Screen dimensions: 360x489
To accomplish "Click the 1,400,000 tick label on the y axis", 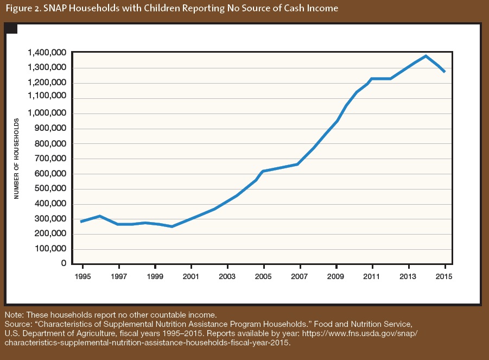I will pos(47,53).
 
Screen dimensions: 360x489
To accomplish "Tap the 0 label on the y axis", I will pos(63,263).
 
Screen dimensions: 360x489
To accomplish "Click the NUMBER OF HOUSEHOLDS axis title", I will pos(17,157).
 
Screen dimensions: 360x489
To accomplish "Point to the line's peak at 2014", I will pos(426,56).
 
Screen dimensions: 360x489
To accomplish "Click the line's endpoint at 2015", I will pos(444,72).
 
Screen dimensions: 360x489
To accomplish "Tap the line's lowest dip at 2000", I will pos(172,226).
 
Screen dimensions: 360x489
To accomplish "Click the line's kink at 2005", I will pos(263,172).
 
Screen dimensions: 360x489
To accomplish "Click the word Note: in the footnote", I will pos(14,315).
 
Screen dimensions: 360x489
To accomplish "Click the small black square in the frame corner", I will pos(11,28).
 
